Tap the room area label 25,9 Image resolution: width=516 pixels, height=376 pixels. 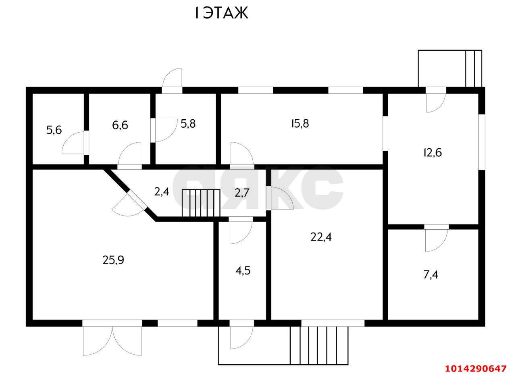113,260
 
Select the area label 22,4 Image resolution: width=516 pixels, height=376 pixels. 321,237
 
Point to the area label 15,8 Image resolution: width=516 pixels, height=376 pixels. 300,124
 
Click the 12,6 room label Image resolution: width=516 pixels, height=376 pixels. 432,153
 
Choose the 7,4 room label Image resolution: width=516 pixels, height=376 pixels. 431,275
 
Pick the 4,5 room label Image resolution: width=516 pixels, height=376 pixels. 243,270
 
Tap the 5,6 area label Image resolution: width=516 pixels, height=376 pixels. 54,130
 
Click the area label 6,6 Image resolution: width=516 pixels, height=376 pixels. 120,125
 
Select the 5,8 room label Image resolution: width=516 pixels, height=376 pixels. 188,124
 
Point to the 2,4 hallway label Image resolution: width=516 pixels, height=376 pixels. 162,191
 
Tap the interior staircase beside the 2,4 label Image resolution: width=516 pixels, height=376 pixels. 201,204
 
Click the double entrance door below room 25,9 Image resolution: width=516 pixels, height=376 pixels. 112,341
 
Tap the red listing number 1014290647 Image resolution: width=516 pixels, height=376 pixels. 476,368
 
